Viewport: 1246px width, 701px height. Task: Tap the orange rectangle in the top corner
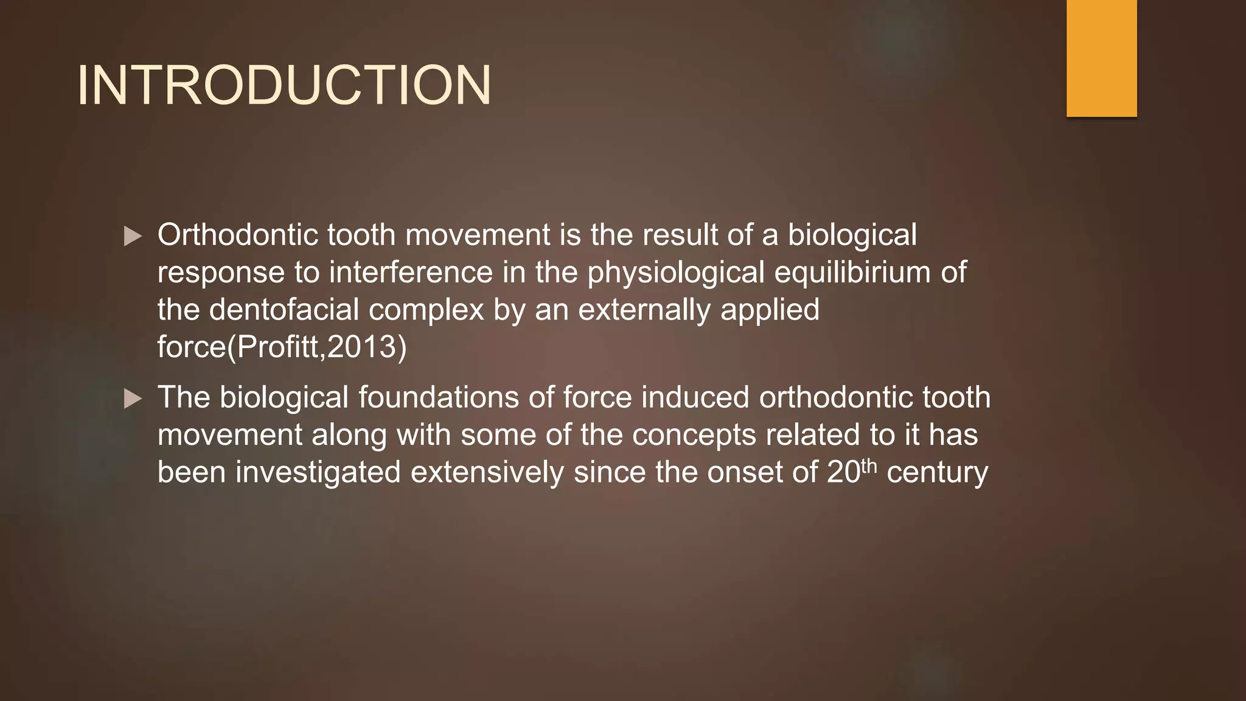point(1101,58)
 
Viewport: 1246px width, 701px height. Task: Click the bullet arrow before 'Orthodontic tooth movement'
point(133,236)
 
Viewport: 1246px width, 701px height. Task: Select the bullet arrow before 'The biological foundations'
point(133,399)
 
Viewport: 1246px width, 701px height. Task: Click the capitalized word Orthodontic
point(237,235)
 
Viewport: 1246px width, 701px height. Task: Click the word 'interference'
point(411,273)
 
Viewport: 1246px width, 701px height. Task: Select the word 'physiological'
point(675,273)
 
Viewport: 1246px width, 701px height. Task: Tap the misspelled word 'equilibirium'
point(852,273)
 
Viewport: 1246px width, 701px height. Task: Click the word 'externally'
point(644,310)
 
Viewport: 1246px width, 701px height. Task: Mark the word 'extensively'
point(487,472)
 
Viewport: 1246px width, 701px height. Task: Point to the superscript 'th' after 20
point(869,465)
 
